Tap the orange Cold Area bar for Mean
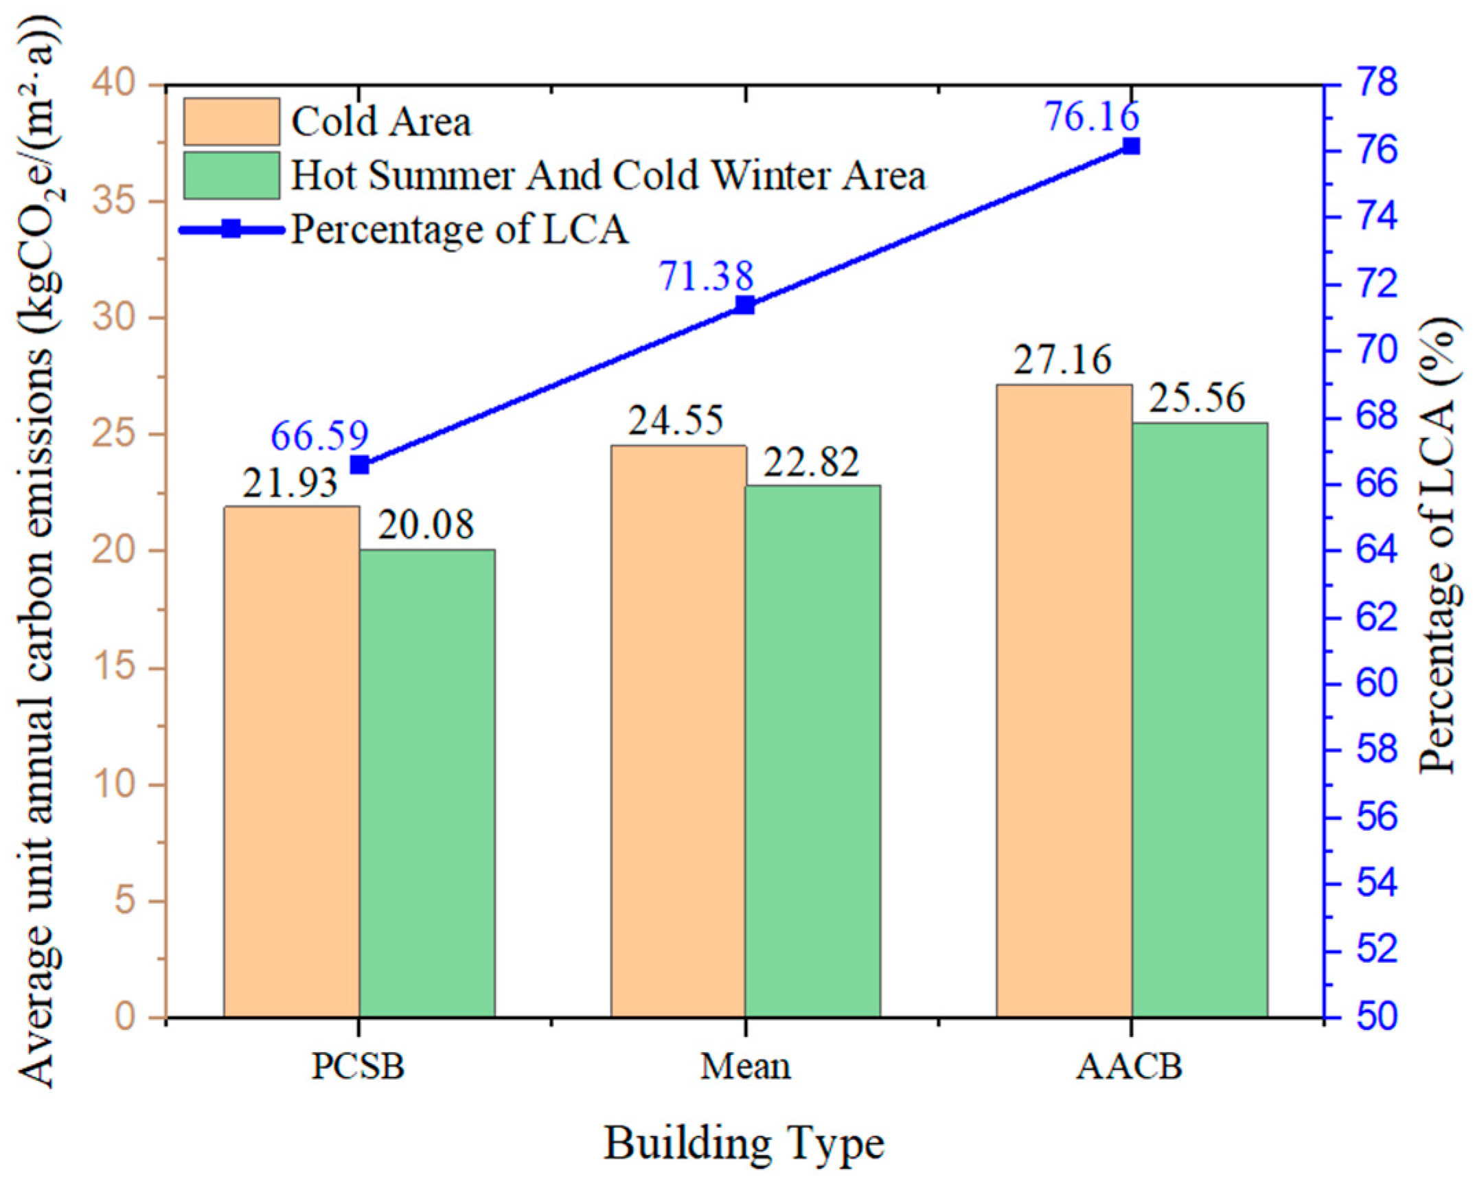[x=678, y=731]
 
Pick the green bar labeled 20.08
[x=427, y=783]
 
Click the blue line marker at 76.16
[x=1131, y=146]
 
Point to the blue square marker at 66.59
[x=360, y=465]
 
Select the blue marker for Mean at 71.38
[x=745, y=305]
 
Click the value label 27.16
[x=1062, y=360]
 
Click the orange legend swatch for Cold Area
[x=231, y=122]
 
